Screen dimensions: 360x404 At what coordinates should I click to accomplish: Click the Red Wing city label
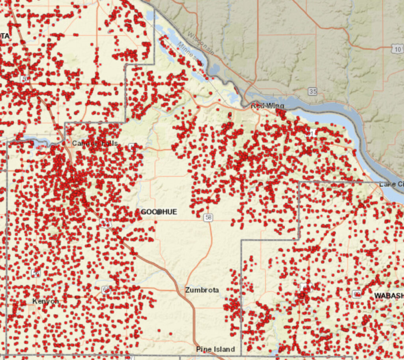[267, 106]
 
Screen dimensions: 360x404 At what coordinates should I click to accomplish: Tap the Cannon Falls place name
[95, 143]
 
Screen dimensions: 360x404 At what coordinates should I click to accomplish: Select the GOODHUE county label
[159, 212]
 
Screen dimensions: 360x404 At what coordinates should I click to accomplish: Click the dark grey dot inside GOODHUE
[159, 212]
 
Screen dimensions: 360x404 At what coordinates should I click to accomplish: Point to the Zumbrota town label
[202, 290]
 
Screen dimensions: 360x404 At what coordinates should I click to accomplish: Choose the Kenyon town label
[45, 301]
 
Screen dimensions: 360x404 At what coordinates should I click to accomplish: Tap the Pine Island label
[215, 349]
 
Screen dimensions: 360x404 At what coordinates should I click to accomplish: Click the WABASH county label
[389, 296]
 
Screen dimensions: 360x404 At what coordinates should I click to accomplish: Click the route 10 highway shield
[397, 49]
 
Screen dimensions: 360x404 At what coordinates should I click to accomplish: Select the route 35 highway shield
[313, 92]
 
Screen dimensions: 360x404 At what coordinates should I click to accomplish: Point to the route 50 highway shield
[25, 79]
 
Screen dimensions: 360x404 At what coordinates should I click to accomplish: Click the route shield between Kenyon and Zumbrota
[106, 290]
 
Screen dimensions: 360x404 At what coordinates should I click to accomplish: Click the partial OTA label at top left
[4, 36]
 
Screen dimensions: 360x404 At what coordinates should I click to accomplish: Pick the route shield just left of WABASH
[357, 294]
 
